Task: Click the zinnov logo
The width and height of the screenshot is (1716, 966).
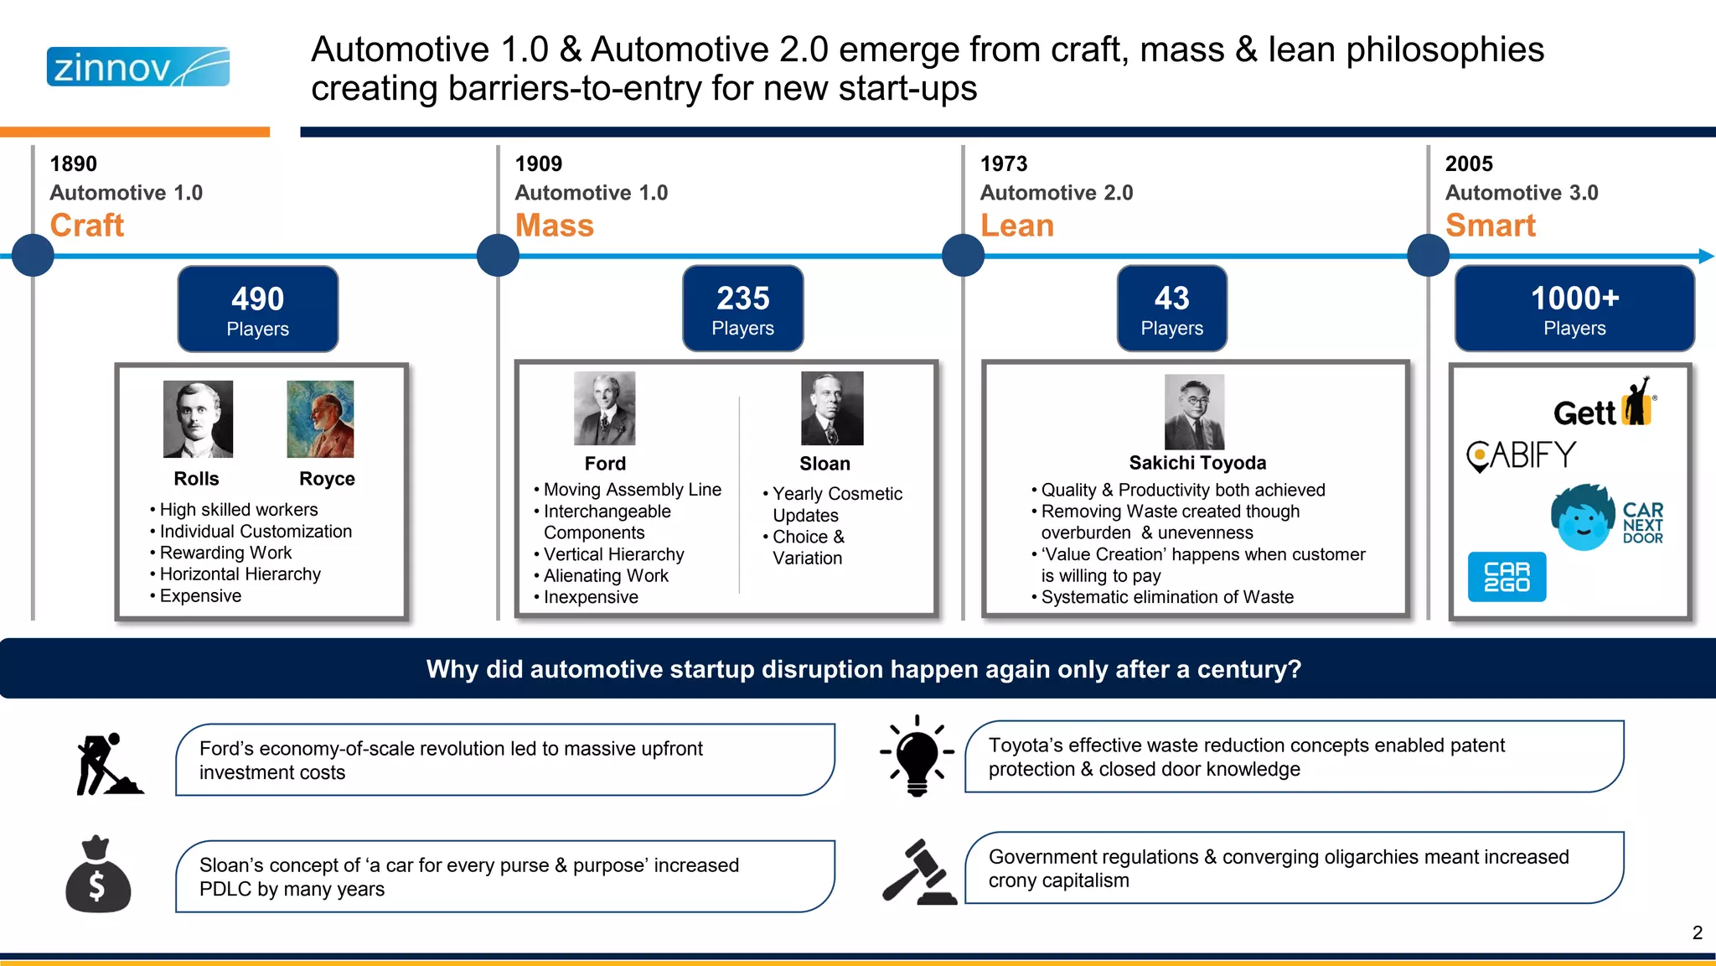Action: click(138, 67)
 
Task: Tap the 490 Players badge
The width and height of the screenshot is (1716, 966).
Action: click(258, 309)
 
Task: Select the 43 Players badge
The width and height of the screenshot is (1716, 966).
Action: click(1171, 309)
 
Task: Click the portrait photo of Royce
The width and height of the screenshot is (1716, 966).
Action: click(320, 419)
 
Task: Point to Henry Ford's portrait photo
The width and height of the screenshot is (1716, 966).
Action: click(604, 408)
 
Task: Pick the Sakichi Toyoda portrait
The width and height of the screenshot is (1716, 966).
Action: click(1194, 412)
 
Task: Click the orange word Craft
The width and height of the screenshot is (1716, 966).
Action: click(87, 226)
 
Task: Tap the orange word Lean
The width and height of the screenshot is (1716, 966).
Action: click(1017, 226)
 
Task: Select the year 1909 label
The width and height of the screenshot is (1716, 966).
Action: click(539, 164)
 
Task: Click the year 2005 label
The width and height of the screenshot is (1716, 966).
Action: click(1469, 164)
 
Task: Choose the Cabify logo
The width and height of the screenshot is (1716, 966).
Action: click(1521, 456)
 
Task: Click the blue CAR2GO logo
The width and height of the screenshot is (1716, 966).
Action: click(1507, 577)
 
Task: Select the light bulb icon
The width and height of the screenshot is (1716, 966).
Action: click(917, 756)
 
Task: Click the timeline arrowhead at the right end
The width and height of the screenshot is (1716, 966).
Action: click(1706, 256)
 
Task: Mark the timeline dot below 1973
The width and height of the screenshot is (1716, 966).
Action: click(963, 256)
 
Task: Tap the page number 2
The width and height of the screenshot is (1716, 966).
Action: click(1697, 932)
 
